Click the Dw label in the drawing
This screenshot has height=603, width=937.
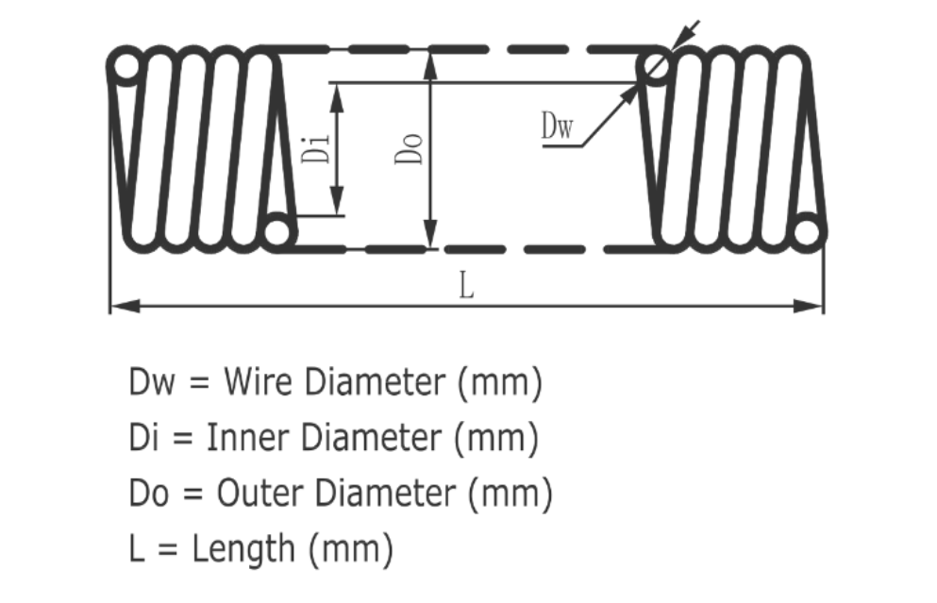pyautogui.click(x=557, y=126)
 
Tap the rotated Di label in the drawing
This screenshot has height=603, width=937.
pyautogui.click(x=320, y=148)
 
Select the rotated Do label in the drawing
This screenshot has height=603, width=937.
pyautogui.click(x=411, y=148)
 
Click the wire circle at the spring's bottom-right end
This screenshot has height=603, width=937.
pyautogui.click(x=809, y=232)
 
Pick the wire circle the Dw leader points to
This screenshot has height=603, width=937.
pyautogui.click(x=654, y=67)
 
